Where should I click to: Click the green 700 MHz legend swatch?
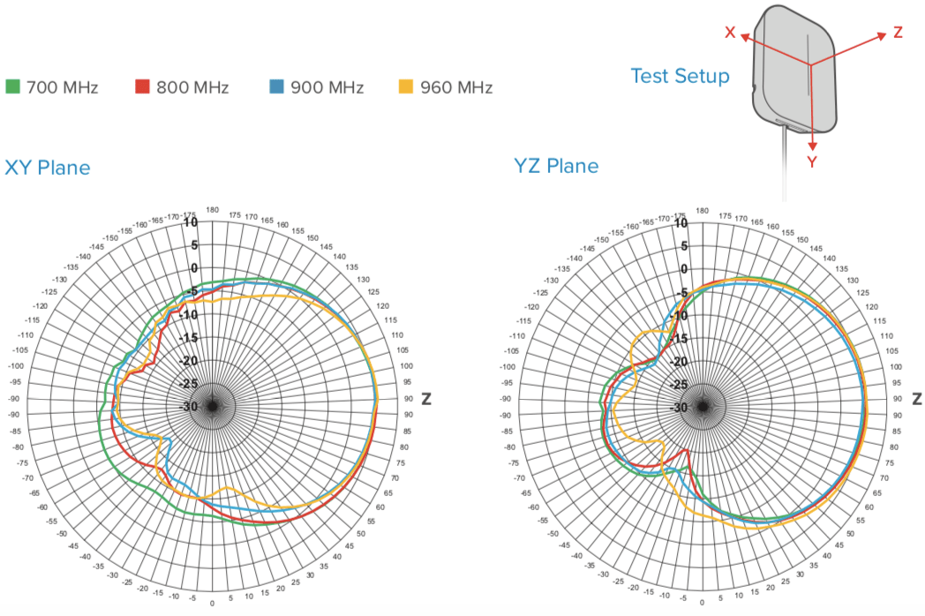click(13, 86)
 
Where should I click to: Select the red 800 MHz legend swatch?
click(142, 86)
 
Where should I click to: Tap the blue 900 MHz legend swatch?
click(276, 86)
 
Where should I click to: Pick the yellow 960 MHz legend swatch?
click(406, 86)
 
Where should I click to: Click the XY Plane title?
click(48, 167)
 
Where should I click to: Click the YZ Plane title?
click(556, 166)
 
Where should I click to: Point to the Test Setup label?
click(680, 76)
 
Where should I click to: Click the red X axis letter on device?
click(730, 33)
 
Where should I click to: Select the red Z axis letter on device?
click(898, 32)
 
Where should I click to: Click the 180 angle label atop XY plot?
click(212, 210)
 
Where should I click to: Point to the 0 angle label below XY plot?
click(212, 604)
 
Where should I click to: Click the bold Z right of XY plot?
click(426, 399)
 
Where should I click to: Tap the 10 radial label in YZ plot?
click(681, 222)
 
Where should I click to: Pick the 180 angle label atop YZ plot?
click(703, 211)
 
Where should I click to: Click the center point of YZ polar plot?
click(703, 407)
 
